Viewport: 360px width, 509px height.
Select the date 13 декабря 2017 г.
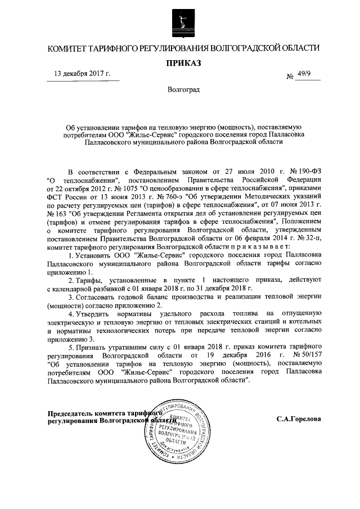coord(82,74)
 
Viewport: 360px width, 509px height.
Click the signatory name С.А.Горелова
coord(299,419)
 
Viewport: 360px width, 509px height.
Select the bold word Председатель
coord(73,413)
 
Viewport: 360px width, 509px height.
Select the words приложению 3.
coord(74,339)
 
